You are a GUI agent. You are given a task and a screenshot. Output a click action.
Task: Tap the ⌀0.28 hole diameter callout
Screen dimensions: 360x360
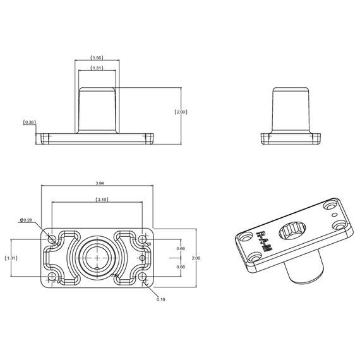tap(27, 219)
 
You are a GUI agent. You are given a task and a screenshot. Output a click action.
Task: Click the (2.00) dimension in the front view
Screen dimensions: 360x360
tap(180, 112)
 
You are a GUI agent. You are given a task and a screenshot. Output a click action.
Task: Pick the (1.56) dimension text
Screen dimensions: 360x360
tap(97, 57)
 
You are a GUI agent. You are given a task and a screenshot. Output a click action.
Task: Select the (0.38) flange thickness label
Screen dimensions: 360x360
tap(29, 122)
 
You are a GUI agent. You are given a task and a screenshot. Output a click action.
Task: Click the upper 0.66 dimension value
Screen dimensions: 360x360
tap(180, 249)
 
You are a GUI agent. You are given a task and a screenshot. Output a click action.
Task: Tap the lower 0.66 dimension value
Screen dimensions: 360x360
tap(180, 267)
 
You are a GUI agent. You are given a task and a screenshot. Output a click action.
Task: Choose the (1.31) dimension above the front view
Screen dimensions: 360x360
tap(97, 68)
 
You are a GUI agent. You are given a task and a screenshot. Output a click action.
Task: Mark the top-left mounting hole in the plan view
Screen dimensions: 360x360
tap(52, 239)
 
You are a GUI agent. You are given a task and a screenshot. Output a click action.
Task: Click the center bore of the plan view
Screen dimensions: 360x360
tap(97, 258)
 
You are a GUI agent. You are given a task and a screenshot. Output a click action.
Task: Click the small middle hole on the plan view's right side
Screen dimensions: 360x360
tap(142, 258)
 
